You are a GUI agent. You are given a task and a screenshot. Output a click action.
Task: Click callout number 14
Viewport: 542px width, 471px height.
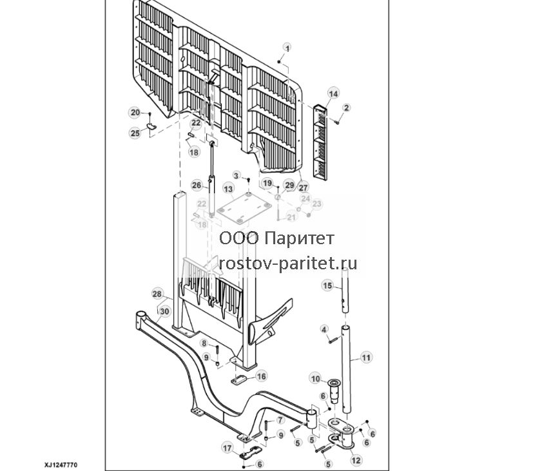point(333,93)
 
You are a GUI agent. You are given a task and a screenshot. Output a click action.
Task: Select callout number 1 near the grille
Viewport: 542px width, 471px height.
point(287,48)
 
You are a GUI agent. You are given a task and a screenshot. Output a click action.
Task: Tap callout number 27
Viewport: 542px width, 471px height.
point(303,188)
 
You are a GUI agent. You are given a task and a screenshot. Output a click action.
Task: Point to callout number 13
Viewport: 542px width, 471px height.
point(228,189)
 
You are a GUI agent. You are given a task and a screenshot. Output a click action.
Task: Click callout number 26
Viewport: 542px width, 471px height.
point(197,185)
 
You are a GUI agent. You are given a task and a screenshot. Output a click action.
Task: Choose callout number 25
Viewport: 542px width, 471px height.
point(135,133)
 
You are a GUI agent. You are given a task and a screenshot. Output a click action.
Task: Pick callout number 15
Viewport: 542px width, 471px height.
point(327,285)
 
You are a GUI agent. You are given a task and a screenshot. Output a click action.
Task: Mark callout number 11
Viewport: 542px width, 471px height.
point(367,358)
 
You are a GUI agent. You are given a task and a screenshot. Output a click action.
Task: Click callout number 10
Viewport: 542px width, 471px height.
point(316,379)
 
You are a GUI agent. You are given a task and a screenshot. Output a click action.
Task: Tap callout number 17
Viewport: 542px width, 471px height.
point(227,448)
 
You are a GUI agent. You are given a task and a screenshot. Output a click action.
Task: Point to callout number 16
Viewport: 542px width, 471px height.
point(261,376)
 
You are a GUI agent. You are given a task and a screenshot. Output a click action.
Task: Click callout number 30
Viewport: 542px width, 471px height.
point(164,312)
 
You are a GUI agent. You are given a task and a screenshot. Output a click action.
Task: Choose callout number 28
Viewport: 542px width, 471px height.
point(157,294)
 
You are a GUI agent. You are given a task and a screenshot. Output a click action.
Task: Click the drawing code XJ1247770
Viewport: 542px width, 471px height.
point(61,465)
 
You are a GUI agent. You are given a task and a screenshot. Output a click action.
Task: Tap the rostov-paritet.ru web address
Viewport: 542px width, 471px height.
point(288,264)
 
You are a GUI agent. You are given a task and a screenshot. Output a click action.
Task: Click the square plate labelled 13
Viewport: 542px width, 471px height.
point(244,208)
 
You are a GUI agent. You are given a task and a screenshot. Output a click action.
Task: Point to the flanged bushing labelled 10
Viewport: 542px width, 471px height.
point(334,392)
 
